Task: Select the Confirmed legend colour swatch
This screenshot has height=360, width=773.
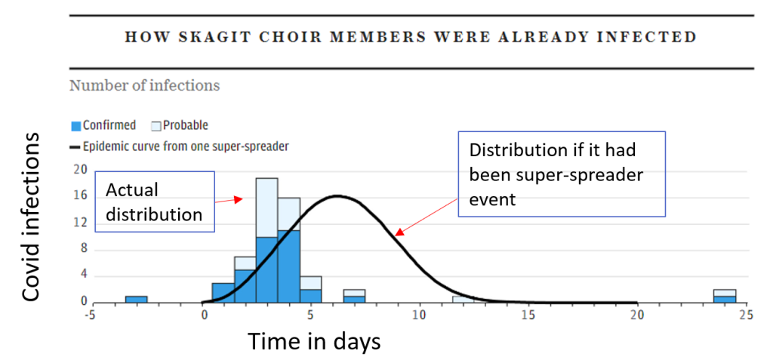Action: click(x=76, y=126)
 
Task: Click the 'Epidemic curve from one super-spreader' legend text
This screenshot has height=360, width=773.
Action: click(x=180, y=146)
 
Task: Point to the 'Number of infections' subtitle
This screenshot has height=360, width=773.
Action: click(x=144, y=85)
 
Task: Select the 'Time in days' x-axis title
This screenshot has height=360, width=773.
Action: click(x=314, y=341)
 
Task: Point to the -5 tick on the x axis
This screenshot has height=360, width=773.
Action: click(x=90, y=315)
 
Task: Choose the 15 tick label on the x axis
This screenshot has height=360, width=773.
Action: click(x=528, y=315)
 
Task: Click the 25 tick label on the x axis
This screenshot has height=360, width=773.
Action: click(x=747, y=315)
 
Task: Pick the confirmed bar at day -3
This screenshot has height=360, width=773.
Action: click(x=137, y=300)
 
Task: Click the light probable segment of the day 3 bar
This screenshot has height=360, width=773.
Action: click(x=266, y=208)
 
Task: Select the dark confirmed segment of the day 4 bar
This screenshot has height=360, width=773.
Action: click(x=288, y=266)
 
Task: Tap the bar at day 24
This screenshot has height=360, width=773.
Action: click(x=725, y=296)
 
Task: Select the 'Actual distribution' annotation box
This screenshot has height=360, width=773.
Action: click(x=155, y=202)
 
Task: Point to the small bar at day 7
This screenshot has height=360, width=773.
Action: click(x=354, y=296)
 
